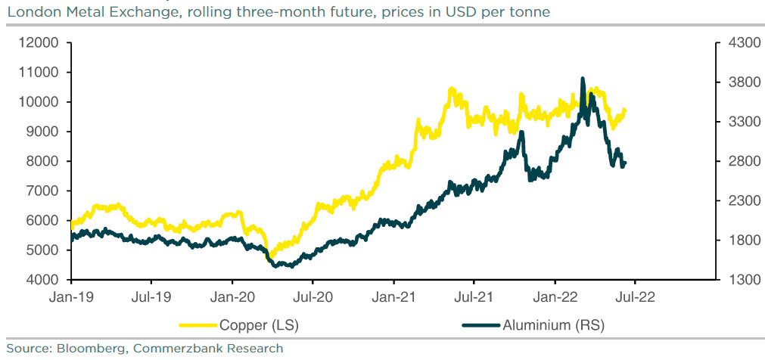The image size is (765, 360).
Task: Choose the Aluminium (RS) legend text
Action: coord(554,325)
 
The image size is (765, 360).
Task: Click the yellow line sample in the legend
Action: coord(198,325)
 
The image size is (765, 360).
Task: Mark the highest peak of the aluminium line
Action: coord(582,78)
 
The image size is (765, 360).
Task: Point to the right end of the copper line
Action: coord(625,110)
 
